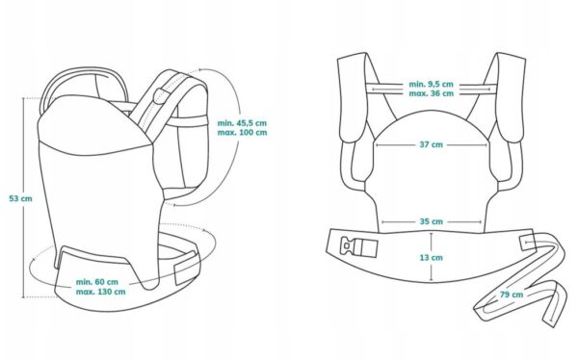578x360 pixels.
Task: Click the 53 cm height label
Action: tap(20, 198)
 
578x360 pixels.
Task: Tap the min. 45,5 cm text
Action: tap(242, 123)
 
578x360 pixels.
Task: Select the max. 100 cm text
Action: tap(242, 133)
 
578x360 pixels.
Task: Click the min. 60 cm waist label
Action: tap(97, 282)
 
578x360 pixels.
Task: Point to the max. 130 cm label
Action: tap(100, 292)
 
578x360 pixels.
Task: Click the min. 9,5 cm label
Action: tap(431, 84)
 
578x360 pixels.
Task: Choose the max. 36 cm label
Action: tap(431, 93)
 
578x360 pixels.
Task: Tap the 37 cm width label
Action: tap(431, 144)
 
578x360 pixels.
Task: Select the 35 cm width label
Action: tap(431, 221)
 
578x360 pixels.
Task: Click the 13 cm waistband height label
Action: tap(431, 258)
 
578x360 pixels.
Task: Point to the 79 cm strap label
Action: tap(512, 295)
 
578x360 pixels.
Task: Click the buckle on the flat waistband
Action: tap(359, 246)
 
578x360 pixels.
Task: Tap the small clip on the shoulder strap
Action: tap(161, 96)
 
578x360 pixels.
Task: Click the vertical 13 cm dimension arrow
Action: tap(432, 256)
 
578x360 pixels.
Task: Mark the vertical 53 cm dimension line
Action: tap(24, 197)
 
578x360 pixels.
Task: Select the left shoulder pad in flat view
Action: tap(353, 97)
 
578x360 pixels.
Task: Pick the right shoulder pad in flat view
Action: tap(511, 97)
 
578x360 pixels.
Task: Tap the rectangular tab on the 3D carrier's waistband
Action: tap(185, 268)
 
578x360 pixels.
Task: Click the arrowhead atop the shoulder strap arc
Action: tap(199, 69)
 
